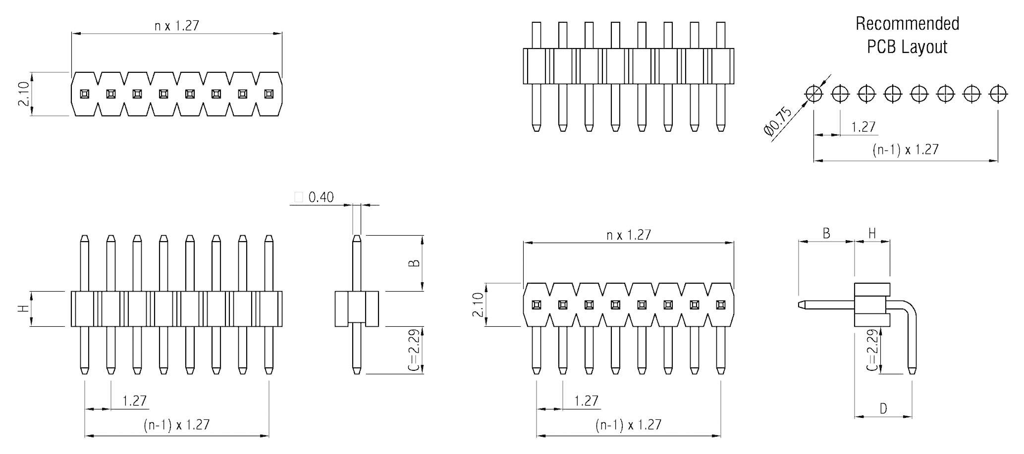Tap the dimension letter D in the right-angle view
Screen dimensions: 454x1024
click(x=883, y=408)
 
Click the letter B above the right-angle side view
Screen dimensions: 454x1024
click(x=826, y=233)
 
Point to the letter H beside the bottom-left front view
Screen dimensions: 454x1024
click(x=23, y=308)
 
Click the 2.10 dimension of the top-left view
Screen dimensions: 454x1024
click(x=23, y=94)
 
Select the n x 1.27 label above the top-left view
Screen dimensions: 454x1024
click(x=176, y=26)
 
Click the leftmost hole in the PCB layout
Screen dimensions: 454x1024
click(x=813, y=93)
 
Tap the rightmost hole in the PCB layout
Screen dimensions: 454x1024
click(x=998, y=93)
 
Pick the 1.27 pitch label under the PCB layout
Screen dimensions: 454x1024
click(x=863, y=127)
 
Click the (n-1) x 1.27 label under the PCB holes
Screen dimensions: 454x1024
click(x=905, y=150)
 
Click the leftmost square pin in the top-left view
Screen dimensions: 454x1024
click(x=85, y=94)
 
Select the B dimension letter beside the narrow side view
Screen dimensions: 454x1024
click(x=415, y=263)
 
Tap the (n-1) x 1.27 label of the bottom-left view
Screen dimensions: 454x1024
click(x=176, y=425)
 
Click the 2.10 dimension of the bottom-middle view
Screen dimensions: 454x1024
click(x=477, y=304)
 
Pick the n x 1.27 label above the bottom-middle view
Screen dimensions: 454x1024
click(x=628, y=235)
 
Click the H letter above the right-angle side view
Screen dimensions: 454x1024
click(x=872, y=233)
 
